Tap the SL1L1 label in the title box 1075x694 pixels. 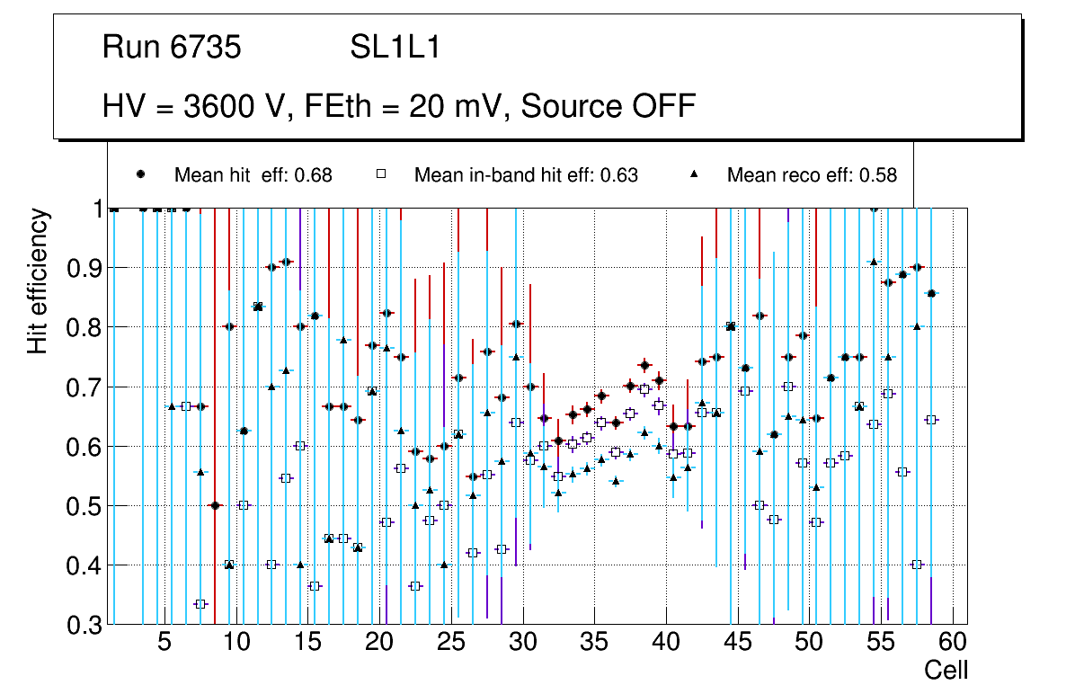395,48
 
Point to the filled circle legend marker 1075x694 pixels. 141,174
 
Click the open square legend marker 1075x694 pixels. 382,174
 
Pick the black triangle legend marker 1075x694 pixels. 695,174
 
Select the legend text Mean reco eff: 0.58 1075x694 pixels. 812,175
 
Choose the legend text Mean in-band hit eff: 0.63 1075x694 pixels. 526,175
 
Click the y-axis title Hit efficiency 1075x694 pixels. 38,280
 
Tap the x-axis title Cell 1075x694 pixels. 946,670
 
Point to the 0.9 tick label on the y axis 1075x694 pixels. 84,268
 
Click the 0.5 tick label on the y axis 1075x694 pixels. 84,506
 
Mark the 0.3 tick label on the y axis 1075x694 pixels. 84,625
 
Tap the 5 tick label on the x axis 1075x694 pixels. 164,644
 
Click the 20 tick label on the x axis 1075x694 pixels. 378,644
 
